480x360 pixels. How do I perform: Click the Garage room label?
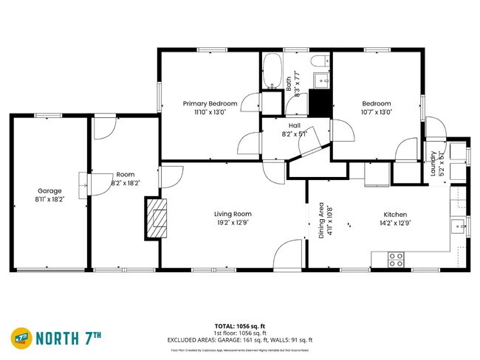coord(49,191)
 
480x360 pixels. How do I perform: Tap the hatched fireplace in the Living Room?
coord(157,218)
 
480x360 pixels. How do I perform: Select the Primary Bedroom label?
coord(210,103)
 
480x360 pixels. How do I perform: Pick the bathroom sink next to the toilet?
coord(320,80)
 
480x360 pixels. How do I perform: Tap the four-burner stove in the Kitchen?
coord(396,259)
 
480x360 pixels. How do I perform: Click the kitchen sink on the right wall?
coord(459,226)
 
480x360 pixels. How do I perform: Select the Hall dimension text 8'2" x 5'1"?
coord(294,134)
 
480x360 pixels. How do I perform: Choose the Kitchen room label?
coord(395,213)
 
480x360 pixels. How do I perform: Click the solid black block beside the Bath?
coord(320,103)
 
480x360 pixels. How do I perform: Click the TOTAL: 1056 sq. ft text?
coord(240,325)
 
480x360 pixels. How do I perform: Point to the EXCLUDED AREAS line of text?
coord(240,340)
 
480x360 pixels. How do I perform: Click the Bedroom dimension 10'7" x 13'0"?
coord(376,112)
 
